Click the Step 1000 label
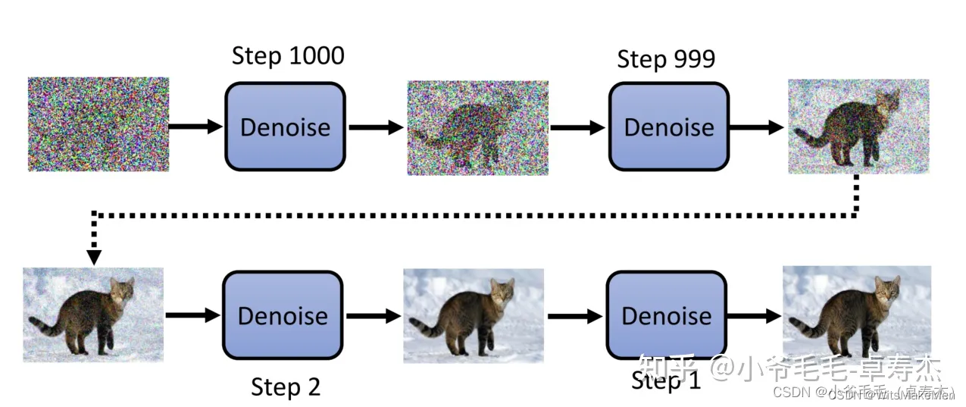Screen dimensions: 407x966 [x=288, y=56]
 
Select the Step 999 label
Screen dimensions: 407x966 [x=666, y=59]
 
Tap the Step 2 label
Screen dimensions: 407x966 [x=286, y=387]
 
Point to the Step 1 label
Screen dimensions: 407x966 [x=666, y=381]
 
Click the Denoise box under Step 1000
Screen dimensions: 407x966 [x=285, y=127]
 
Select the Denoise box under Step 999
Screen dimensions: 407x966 [x=668, y=127]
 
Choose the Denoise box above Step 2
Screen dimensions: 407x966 [x=283, y=315]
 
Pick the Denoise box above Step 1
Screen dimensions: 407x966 [x=666, y=315]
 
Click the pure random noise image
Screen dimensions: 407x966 [x=98, y=124]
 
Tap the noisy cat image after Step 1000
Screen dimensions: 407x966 [x=477, y=128]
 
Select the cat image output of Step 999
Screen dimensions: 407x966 [x=858, y=126]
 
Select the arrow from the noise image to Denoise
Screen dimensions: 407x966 [x=195, y=127]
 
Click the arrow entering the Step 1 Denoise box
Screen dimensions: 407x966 [x=575, y=315]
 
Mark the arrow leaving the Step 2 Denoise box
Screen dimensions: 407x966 [x=373, y=315]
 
